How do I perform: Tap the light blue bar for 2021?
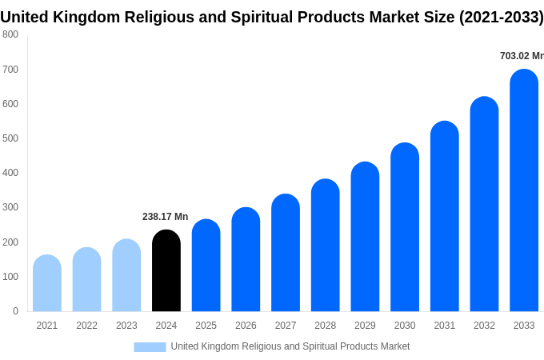tap(47, 283)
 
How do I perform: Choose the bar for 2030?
tap(405, 227)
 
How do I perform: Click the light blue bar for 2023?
tap(126, 275)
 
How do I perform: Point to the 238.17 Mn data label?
tap(165, 217)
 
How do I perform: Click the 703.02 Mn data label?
tap(522, 56)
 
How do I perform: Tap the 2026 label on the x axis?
tap(246, 326)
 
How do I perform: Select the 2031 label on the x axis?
tap(445, 326)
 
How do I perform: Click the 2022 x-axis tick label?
tap(87, 326)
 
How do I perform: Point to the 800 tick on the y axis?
tap(10, 34)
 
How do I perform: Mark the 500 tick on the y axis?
tap(10, 138)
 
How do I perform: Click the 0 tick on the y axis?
tap(15, 311)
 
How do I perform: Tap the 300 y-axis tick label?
tap(10, 207)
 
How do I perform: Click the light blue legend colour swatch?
tap(150, 347)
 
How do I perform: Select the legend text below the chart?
tap(290, 346)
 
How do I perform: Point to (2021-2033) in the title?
tap(501, 17)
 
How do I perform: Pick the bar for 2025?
tap(206, 265)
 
